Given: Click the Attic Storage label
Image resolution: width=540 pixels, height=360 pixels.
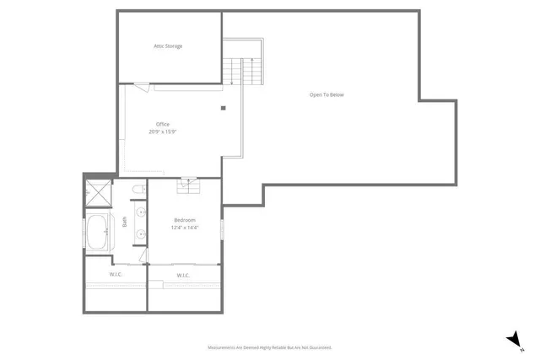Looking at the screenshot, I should (167, 46).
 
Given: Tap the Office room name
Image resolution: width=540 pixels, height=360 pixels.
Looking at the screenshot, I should (162, 124).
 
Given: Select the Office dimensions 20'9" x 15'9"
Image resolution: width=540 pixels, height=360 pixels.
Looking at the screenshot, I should (162, 132).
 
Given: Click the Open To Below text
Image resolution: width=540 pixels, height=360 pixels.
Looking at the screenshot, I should (326, 94).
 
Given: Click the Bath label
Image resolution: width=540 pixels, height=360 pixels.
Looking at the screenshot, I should (125, 223).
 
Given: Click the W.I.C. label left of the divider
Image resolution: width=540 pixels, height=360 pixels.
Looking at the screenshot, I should (116, 275).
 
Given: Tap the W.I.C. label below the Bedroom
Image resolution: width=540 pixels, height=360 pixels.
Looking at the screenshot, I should (184, 276).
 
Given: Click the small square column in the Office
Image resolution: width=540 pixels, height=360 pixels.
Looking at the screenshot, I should (224, 107).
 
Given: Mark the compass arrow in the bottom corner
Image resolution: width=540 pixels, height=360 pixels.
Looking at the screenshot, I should (513, 339).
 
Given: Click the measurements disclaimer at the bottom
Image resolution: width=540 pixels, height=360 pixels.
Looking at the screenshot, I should (270, 347).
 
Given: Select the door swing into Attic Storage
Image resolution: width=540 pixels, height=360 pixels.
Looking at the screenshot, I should (141, 86).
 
